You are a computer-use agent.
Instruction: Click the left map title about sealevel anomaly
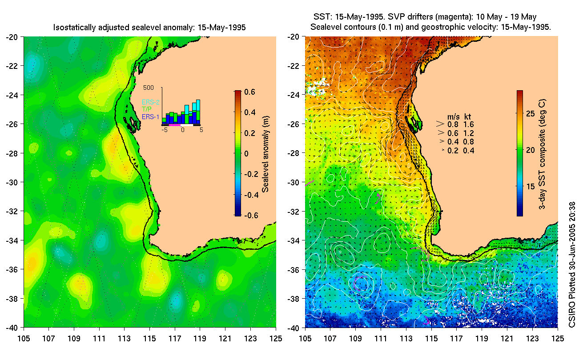pyautogui.click(x=149, y=28)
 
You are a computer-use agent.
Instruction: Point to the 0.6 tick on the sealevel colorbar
pyautogui.click(x=249, y=92)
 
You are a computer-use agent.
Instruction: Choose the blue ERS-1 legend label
pyautogui.click(x=150, y=116)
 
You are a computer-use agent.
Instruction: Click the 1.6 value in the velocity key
pyautogui.click(x=469, y=124)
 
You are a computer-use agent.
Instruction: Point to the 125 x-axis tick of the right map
pyautogui.click(x=557, y=338)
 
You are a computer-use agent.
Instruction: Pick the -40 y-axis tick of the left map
pyautogui.click(x=12, y=328)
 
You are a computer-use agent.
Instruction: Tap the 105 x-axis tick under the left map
pyautogui.click(x=24, y=338)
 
